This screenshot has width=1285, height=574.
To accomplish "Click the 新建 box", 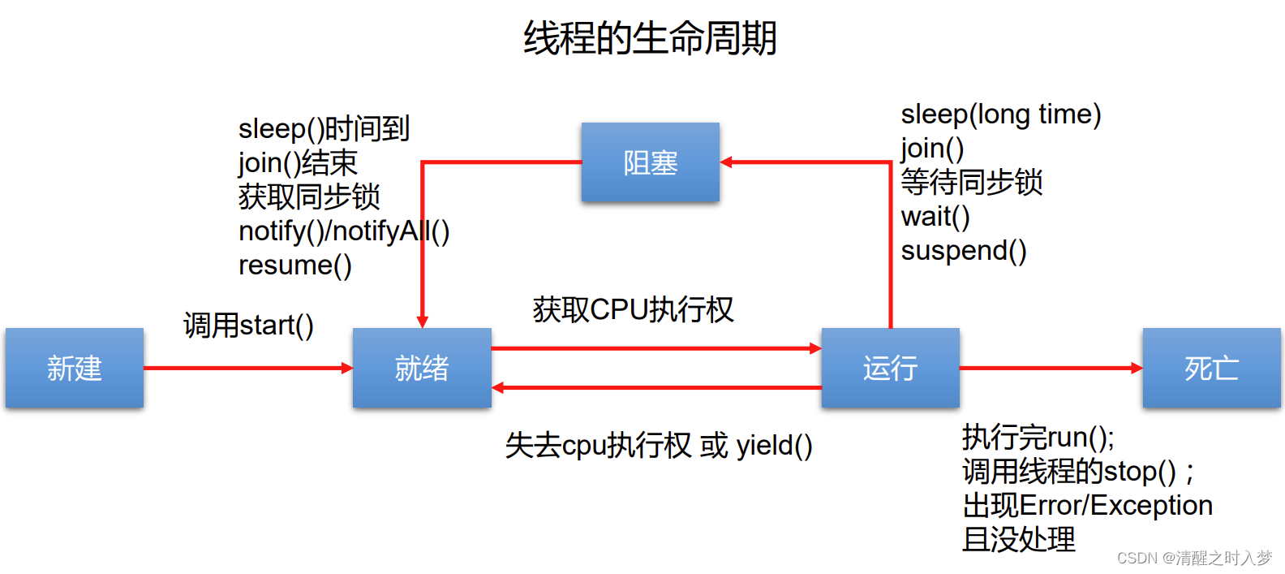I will (x=75, y=368).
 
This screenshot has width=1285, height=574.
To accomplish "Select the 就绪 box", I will (x=422, y=368).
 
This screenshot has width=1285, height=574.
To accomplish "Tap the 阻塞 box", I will (x=650, y=162).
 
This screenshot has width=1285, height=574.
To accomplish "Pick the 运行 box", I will (x=890, y=368).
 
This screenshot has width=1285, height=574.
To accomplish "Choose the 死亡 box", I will (x=1211, y=368).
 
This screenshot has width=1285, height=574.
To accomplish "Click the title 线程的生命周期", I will (x=650, y=38).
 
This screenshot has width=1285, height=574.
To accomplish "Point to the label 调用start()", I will (x=248, y=326).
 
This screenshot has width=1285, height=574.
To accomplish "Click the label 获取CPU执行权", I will (x=633, y=309).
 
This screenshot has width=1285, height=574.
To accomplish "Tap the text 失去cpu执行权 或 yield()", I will (x=658, y=445).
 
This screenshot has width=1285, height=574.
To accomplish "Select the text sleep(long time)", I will (x=1000, y=114).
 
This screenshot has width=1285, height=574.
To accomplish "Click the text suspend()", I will (x=964, y=251).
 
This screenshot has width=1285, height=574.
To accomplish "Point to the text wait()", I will (x=935, y=217).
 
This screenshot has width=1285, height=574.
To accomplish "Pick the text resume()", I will (x=294, y=265).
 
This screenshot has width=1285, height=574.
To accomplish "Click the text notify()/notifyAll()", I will (x=343, y=231).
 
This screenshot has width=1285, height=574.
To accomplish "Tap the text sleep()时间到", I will (x=324, y=129).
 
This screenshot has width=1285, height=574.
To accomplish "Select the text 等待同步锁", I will (x=972, y=183).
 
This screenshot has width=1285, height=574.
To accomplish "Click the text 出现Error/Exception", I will (x=1087, y=505).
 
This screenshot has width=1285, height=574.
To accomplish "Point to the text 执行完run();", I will (x=1038, y=438).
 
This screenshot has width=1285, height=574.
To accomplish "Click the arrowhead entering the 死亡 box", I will (x=1137, y=368).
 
